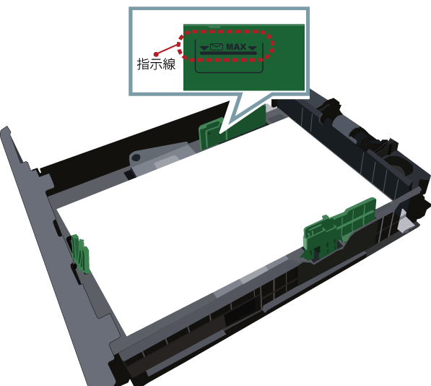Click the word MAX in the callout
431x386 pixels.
coord(236,47)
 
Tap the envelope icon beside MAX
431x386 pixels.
coord(217,47)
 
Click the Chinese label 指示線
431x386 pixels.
coord(156,64)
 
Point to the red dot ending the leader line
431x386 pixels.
coord(156,54)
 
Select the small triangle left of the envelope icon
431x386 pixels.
coord(204,48)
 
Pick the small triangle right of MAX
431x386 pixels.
coord(253,48)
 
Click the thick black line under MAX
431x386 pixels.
coord(228,53)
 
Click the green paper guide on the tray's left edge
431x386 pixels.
coord(80,254)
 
